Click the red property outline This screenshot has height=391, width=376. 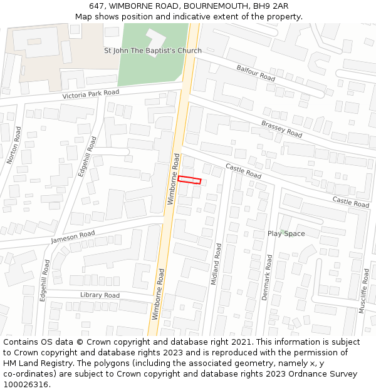tap(189, 180)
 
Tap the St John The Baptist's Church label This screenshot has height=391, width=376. tap(153, 51)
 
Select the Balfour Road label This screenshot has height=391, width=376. tap(256, 73)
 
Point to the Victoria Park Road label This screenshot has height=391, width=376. tap(91, 94)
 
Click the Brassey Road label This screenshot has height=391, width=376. tap(281, 129)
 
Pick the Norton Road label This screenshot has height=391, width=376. tap(14, 145)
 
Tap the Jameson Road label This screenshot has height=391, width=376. tap(73, 237)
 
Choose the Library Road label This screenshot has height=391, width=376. tap(100, 295)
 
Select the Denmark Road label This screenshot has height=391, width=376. tap(267, 277)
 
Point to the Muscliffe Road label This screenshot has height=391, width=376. tap(364, 290)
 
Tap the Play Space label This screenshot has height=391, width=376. tap(286, 234)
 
